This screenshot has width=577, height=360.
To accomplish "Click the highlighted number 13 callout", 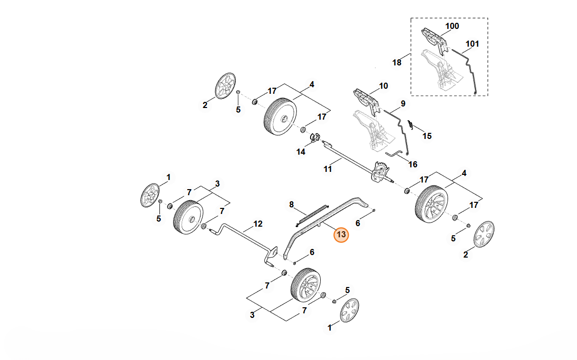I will point(342,235).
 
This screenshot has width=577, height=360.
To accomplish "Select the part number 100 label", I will point(452,26).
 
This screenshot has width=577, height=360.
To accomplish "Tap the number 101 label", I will point(472,44).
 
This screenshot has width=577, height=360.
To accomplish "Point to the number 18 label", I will point(397,62).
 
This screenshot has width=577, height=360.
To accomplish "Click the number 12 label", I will point(258,224).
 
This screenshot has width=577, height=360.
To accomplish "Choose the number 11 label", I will point(328,169).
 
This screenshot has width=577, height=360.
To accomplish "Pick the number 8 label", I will point(291,204).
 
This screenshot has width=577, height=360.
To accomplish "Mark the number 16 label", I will point(413,164).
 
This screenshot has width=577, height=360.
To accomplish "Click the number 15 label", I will point(427,136).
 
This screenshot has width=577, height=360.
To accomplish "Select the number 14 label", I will point(301,152).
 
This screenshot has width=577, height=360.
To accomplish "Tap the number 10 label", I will point(383,86).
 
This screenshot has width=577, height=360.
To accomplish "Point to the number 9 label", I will point(403,104).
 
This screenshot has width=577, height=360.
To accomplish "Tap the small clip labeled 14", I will point(314,137).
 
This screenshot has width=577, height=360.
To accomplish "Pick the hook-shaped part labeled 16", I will point(395,154).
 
